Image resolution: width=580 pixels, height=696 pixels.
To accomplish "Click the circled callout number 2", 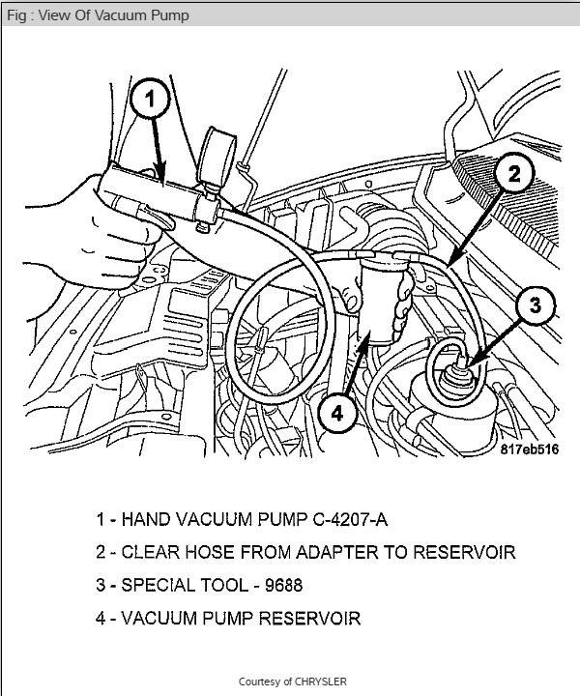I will click(514, 174).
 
